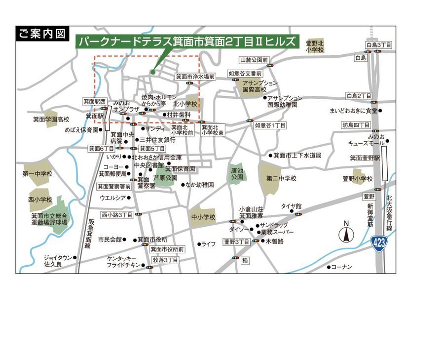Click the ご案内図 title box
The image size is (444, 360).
[42, 34]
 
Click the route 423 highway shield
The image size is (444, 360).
[379, 242]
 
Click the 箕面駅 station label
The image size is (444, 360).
[94, 116]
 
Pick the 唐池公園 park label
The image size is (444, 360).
[237, 173]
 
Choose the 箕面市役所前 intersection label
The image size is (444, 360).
[167, 249]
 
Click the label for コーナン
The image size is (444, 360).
[341, 267]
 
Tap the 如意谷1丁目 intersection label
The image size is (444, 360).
[270, 126]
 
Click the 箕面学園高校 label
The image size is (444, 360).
[51, 120]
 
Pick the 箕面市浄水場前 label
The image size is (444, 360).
[195, 77]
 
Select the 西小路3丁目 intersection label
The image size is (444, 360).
[117, 215]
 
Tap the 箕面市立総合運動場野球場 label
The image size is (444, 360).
[49, 219]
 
